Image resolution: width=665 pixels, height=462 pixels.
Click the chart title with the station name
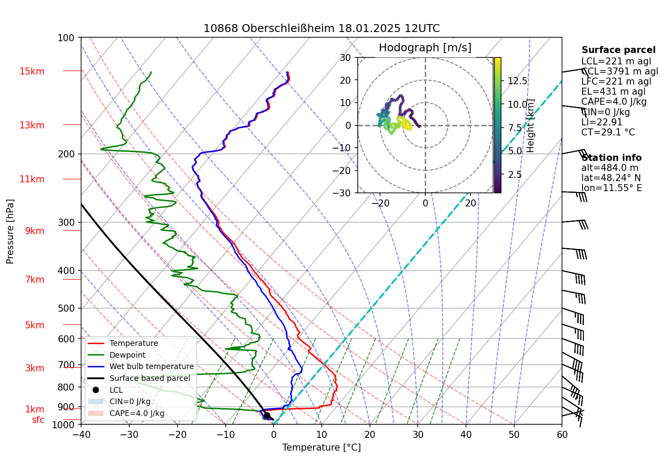pyautogui.click(x=321, y=28)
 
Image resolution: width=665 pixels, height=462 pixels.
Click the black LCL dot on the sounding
pyautogui.click(x=267, y=415)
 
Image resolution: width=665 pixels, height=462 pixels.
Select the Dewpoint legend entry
pyautogui.click(x=127, y=355)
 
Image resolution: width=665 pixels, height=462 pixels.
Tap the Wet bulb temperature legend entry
pyautogui.click(x=151, y=366)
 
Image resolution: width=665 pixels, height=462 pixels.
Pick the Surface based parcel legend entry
pyautogui.click(x=149, y=378)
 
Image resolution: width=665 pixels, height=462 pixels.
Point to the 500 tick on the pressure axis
pyautogui.click(x=67, y=308)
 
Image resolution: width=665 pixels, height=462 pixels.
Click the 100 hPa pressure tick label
pyautogui.click(x=66, y=38)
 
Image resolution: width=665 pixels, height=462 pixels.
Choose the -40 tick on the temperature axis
pyautogui.click(x=81, y=435)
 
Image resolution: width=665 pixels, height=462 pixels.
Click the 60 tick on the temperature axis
pyautogui.click(x=562, y=435)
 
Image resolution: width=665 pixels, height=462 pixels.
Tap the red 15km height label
pyautogui.click(x=32, y=71)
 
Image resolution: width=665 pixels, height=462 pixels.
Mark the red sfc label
pyautogui.click(x=38, y=420)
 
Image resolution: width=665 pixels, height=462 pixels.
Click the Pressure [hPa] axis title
pyautogui.click(x=10, y=231)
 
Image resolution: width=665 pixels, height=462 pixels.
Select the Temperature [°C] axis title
pyautogui.click(x=321, y=448)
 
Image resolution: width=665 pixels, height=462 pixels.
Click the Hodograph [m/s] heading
pyautogui.click(x=425, y=48)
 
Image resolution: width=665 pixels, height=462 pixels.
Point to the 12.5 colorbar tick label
pyautogui.click(x=517, y=81)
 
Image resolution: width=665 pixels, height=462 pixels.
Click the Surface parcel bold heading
pyautogui.click(x=619, y=50)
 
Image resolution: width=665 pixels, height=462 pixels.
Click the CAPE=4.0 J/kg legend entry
pyautogui.click(x=137, y=413)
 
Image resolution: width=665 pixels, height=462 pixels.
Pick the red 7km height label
pyautogui.click(x=35, y=280)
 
